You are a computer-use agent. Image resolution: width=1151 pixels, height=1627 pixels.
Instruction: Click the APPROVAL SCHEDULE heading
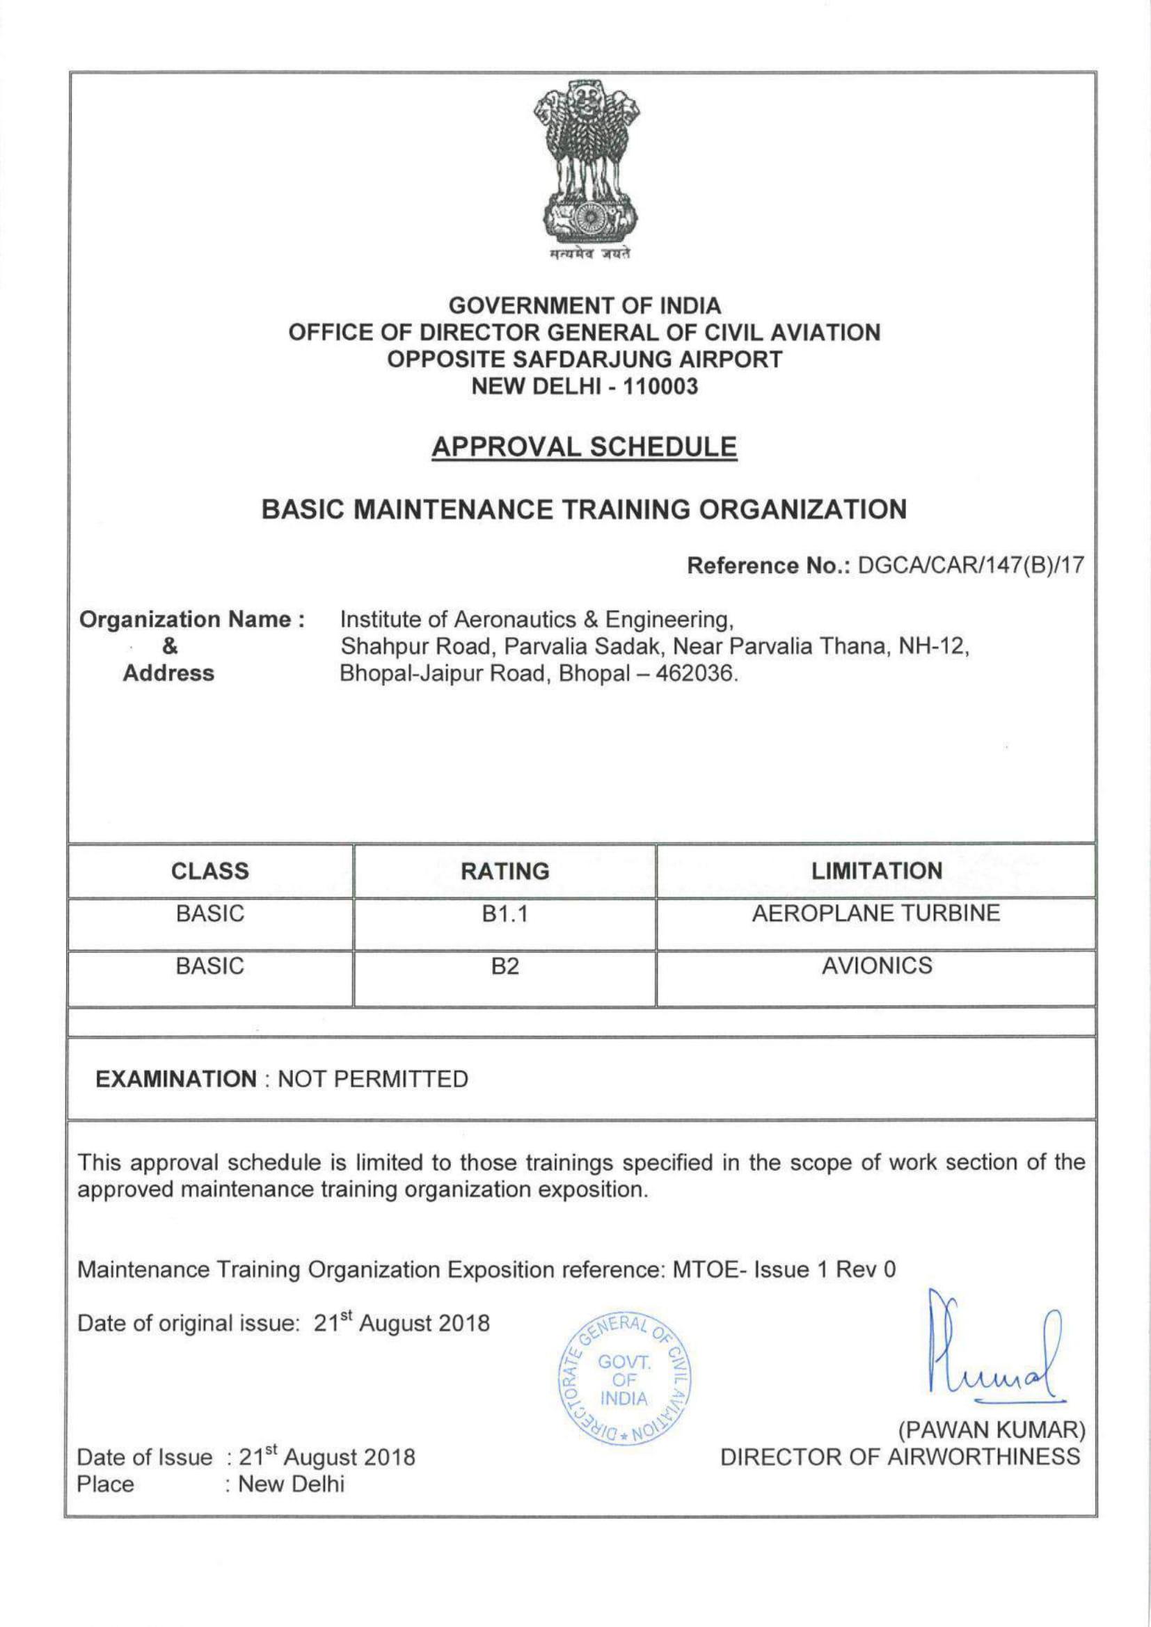[x=584, y=447]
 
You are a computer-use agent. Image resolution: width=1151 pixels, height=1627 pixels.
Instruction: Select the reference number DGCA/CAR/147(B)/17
[x=970, y=566]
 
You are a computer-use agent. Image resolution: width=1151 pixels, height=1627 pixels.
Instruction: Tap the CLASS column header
[x=209, y=871]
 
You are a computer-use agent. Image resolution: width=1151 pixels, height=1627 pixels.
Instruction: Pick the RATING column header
[x=505, y=871]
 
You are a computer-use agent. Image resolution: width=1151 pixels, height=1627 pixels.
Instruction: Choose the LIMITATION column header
[x=876, y=871]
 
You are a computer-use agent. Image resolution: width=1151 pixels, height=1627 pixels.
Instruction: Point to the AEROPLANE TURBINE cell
[x=876, y=913]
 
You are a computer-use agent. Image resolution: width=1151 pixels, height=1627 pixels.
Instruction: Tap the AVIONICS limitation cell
[x=876, y=966]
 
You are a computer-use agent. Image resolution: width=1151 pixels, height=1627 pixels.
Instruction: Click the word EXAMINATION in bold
[x=177, y=1080]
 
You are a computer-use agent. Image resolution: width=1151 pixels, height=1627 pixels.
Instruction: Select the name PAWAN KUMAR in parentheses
[x=992, y=1431]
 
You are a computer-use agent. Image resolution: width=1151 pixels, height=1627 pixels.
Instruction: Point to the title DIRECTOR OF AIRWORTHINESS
[x=900, y=1457]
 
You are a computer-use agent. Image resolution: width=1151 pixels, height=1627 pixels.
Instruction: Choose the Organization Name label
[x=192, y=620]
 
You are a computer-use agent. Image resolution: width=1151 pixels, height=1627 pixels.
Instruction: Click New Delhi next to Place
[x=291, y=1483]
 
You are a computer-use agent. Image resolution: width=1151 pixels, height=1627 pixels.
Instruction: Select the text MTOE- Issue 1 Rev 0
[x=784, y=1269]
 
